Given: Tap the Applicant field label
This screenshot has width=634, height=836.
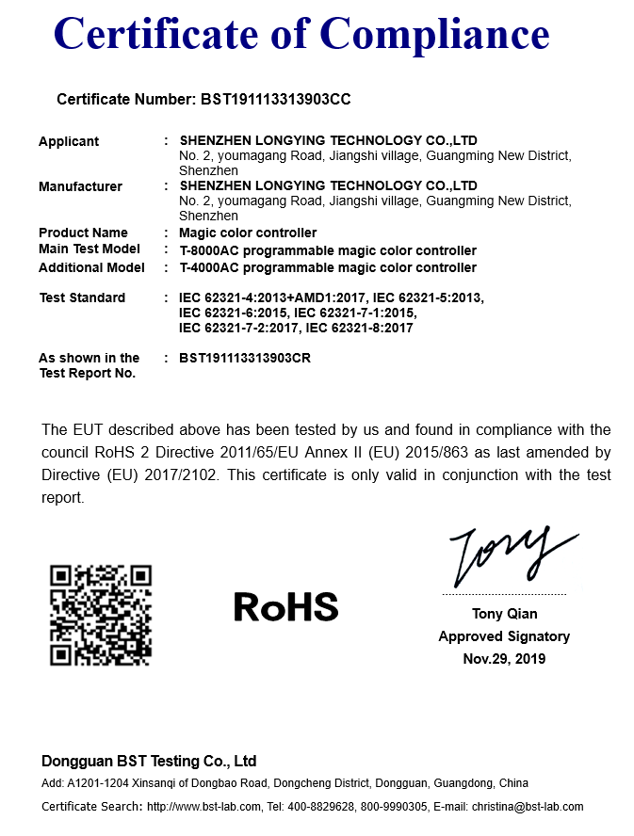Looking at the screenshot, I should [69, 141].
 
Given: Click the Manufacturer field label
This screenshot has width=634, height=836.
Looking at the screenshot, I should [80, 186].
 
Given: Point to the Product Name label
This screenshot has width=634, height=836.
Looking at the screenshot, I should [83, 233].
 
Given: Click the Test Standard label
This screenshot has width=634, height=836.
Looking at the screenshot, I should [82, 297].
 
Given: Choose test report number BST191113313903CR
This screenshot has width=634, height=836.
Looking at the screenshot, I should [245, 358].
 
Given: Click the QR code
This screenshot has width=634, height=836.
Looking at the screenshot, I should [101, 615].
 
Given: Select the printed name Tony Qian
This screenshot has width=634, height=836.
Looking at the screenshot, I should [504, 614].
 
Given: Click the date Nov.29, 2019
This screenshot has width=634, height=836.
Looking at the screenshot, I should [504, 659].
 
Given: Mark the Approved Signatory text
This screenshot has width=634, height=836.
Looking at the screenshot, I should [504, 636].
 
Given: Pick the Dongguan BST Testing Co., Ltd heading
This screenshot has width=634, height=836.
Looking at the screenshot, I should [149, 761].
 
